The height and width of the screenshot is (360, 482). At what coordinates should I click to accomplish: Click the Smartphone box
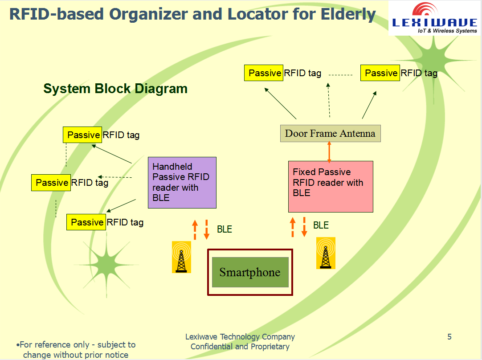tap(250, 272)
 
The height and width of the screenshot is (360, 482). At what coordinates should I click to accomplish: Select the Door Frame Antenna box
tap(330, 133)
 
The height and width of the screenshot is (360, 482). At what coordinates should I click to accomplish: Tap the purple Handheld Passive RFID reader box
tap(182, 182)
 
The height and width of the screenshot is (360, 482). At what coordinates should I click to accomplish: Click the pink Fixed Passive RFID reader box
tap(330, 186)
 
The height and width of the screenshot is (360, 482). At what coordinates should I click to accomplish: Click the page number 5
tap(449, 337)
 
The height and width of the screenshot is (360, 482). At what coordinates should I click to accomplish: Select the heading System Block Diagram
tap(115, 89)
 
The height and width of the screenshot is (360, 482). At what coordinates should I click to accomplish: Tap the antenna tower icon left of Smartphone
tap(181, 257)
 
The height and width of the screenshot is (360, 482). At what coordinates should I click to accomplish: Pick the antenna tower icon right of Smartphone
tap(326, 253)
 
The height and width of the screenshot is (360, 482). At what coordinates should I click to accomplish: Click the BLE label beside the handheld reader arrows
tap(225, 229)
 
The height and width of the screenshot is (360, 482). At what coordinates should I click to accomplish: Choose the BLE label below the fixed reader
tap(321, 225)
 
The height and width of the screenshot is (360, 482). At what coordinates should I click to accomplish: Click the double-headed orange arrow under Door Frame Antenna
tap(329, 151)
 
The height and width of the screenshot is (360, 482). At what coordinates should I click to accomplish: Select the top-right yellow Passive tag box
tap(380, 73)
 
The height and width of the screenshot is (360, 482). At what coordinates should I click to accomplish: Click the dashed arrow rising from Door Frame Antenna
tap(329, 100)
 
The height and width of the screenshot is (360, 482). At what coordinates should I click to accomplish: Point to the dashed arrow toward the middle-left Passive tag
tap(115, 177)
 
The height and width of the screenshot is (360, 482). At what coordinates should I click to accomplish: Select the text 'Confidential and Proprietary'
tap(240, 347)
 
